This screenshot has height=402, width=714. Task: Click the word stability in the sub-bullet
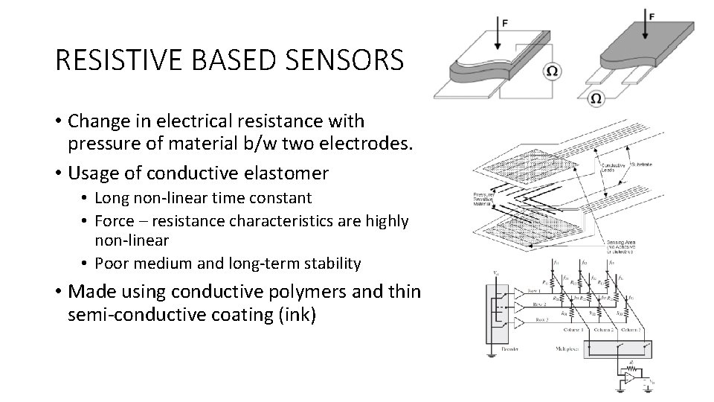click(x=332, y=263)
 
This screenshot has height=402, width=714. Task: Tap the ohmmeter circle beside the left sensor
click(x=553, y=71)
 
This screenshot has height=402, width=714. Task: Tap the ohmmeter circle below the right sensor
click(x=596, y=98)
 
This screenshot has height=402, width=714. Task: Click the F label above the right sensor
click(x=652, y=16)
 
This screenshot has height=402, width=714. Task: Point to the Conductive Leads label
click(x=612, y=169)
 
